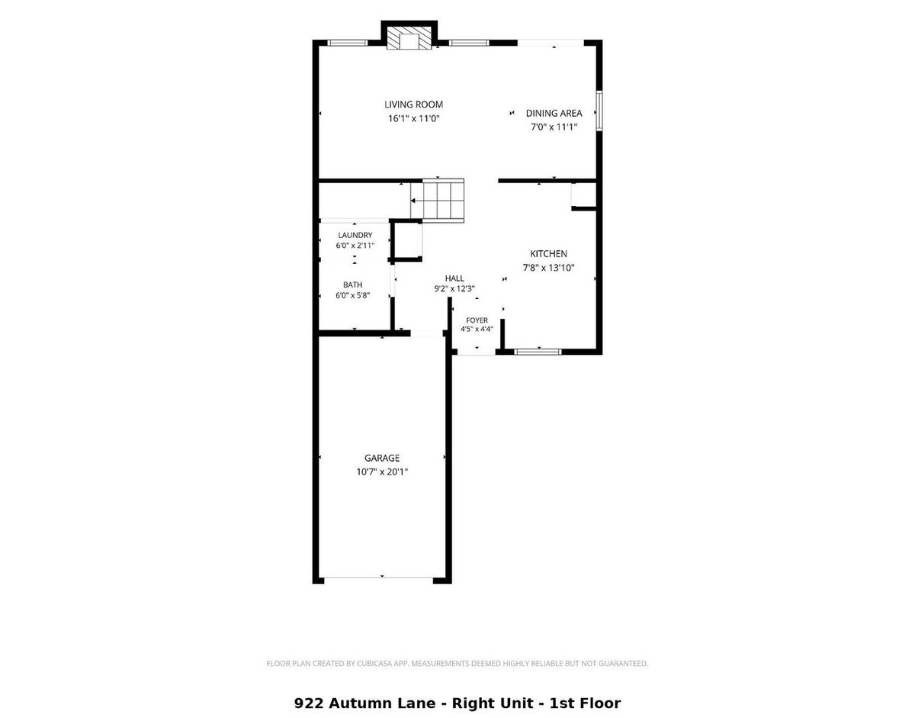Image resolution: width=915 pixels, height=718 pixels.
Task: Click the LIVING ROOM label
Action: (x=413, y=105)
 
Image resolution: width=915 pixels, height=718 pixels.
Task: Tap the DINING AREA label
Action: (x=554, y=114)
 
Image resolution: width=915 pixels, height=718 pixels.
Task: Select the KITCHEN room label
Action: (x=548, y=253)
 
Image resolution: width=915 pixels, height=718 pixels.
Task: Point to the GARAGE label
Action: (x=382, y=458)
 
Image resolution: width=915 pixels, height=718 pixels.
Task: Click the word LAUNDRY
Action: (x=355, y=235)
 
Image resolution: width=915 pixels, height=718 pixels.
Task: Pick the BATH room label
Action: (x=352, y=285)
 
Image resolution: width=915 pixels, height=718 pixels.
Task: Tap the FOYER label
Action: (x=477, y=320)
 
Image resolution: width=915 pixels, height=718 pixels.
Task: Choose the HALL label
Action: (x=454, y=278)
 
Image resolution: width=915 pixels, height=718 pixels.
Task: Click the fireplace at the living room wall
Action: (x=409, y=39)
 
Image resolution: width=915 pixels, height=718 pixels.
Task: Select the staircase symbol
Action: (x=438, y=200)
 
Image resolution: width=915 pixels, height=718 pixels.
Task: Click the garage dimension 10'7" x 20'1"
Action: (x=382, y=472)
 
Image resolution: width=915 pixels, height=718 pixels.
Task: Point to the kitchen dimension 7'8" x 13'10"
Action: (x=548, y=268)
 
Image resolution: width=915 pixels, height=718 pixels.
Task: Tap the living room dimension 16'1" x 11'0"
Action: (x=413, y=118)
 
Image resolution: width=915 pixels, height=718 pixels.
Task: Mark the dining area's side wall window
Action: (x=599, y=111)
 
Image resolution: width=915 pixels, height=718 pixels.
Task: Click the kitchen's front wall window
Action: (x=538, y=352)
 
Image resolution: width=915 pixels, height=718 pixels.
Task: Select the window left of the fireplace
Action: (x=348, y=43)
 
